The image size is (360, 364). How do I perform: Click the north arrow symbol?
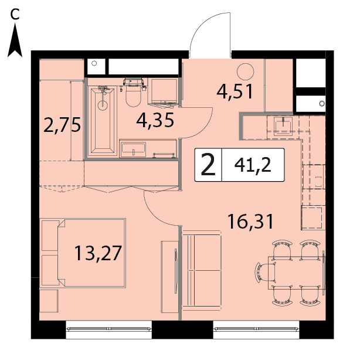(x=15, y=41)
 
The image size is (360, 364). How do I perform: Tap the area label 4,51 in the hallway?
(x=235, y=91)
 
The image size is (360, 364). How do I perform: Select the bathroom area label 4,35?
(x=155, y=120)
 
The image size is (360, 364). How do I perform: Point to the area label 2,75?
(x=62, y=125)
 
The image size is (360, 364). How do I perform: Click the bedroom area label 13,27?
(x=98, y=253)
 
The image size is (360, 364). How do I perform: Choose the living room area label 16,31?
(x=251, y=222)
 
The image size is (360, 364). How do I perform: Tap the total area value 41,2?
(x=253, y=165)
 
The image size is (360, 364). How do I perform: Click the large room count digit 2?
(x=208, y=165)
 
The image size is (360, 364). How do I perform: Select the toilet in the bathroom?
(x=133, y=93)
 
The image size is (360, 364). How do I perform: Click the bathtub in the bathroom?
(x=103, y=121)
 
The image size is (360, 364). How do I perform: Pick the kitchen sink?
(x=283, y=125)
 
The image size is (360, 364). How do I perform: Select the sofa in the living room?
(x=201, y=270)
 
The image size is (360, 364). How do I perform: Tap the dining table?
(x=297, y=273)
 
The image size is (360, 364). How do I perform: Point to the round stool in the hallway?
(x=245, y=72)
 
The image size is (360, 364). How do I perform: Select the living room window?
(x=256, y=329)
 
